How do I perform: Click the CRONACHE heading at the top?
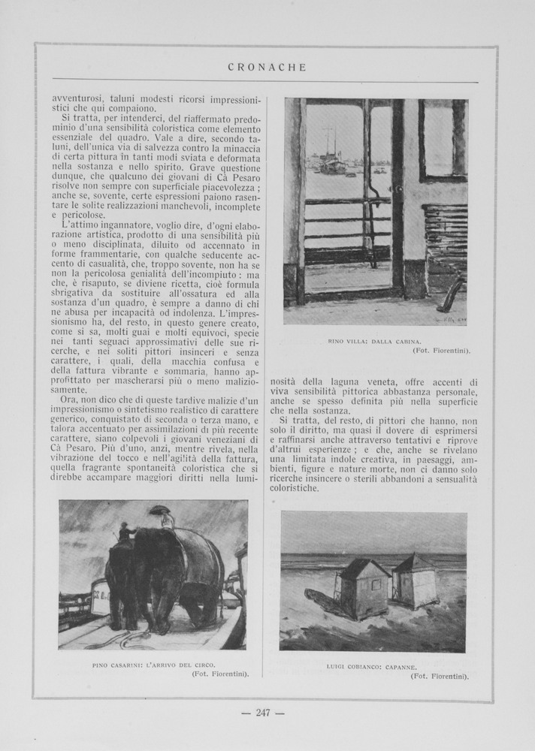[x=267, y=68]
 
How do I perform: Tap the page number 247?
[x=262, y=713]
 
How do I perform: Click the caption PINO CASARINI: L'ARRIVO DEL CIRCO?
[x=153, y=665]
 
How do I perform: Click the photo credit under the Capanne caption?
[x=440, y=676]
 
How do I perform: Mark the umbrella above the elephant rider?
[x=159, y=510]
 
